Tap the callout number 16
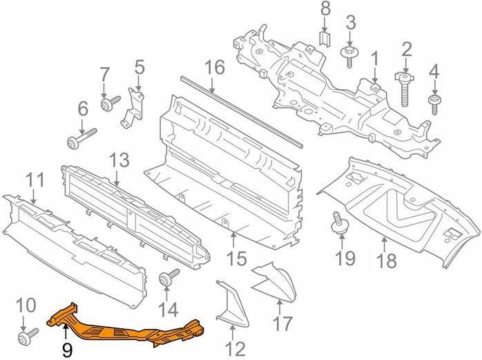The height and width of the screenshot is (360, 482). coord(215,68)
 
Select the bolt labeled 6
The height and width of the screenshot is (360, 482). coord(81,139)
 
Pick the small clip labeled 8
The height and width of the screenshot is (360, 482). coord(325,39)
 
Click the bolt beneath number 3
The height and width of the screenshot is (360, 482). coord(349,56)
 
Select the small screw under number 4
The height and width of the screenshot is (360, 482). coord(434,104)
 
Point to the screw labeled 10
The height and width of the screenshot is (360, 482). coord(28,337)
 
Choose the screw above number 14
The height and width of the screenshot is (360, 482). coord(168,277)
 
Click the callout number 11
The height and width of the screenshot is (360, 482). coord(35,180)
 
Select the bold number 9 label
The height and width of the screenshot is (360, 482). coord(67,350)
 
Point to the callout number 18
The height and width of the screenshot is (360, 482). coord(387,260)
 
